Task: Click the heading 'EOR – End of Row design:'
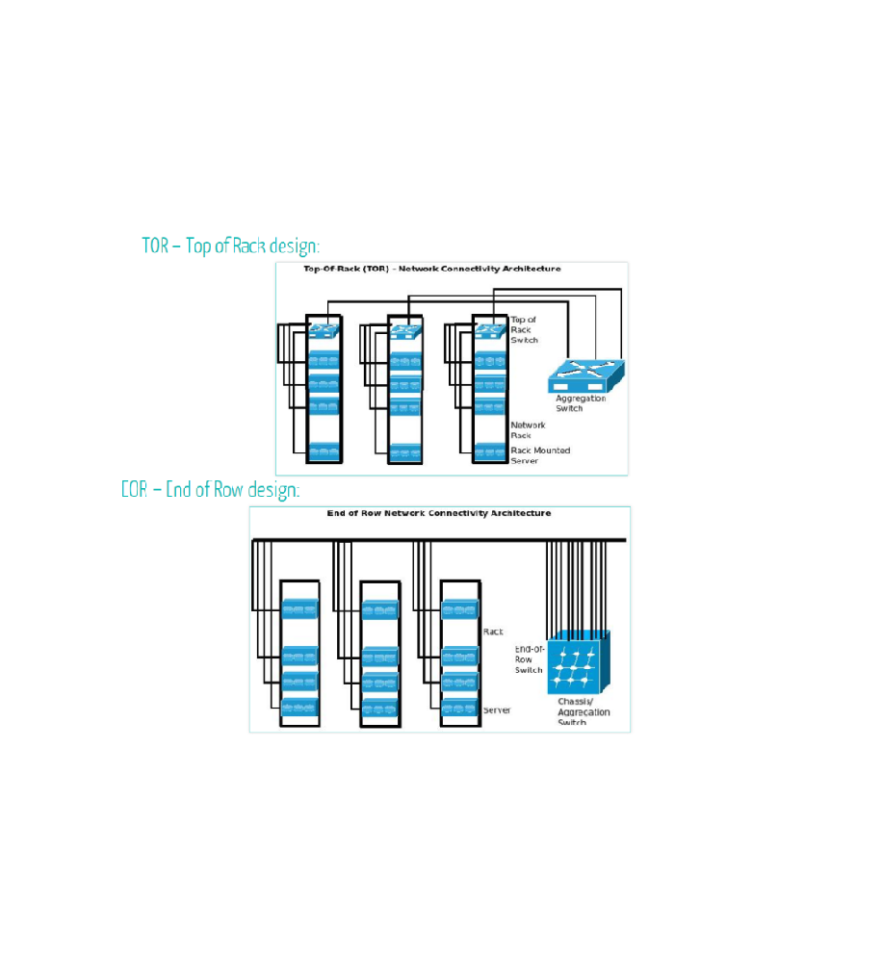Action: (210, 489)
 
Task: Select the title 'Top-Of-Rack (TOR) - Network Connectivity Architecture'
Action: (431, 269)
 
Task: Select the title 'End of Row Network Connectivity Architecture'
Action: (439, 513)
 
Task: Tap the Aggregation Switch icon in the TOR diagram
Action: (585, 375)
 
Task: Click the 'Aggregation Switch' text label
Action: (581, 402)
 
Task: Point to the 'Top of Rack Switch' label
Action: (524, 329)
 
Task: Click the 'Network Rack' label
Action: (527, 429)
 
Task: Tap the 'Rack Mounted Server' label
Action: (539, 454)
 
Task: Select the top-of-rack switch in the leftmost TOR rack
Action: (324, 331)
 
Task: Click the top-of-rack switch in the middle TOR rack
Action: (404, 331)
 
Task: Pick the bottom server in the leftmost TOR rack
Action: (324, 450)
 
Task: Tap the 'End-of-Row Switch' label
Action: (529, 659)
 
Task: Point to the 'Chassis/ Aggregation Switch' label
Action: (583, 711)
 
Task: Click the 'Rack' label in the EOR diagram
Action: (492, 632)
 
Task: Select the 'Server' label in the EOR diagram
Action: (496, 709)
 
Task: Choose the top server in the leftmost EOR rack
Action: (299, 610)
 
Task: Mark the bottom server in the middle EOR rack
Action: (379, 709)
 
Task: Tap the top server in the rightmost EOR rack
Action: (459, 609)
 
